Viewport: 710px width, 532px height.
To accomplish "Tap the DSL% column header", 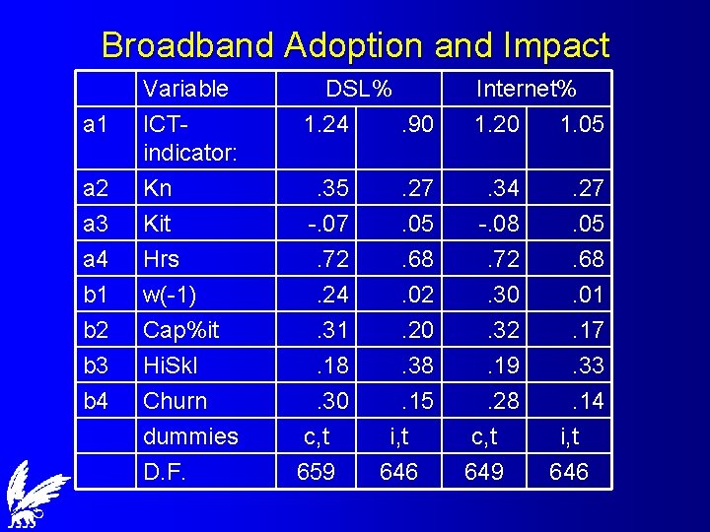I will click(x=359, y=89).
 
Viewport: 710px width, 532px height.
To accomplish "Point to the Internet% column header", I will click(x=526, y=89).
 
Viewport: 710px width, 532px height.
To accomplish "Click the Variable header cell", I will click(x=185, y=89).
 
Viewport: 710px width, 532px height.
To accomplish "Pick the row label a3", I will click(x=96, y=224).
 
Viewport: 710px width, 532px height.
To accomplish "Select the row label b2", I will click(x=96, y=330).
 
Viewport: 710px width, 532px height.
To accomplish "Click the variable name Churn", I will click(x=176, y=401).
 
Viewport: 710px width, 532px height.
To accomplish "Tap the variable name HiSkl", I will click(x=171, y=366).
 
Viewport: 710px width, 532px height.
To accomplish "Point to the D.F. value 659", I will click(x=316, y=472).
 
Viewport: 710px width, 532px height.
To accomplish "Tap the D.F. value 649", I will click(x=484, y=472).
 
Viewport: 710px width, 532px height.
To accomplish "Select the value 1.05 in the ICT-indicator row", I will click(x=582, y=124).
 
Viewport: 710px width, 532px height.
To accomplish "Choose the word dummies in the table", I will click(x=190, y=436).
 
